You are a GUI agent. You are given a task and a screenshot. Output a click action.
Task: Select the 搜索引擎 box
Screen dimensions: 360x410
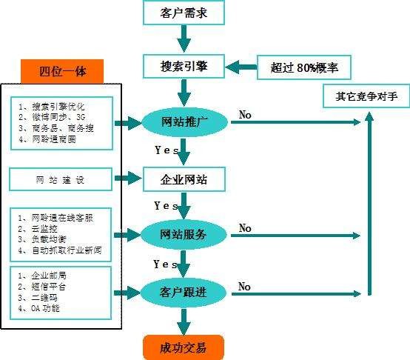click(183, 66)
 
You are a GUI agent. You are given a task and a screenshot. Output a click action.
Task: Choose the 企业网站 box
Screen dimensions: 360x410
click(183, 179)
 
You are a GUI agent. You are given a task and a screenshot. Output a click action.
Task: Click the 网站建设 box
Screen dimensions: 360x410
click(61, 179)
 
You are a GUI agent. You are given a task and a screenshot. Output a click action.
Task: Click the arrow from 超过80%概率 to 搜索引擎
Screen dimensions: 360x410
click(241, 68)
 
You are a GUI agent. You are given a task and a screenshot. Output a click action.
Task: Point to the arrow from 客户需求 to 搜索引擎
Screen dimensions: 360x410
click(183, 39)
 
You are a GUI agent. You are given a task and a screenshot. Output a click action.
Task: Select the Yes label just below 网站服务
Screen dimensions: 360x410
click(165, 264)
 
